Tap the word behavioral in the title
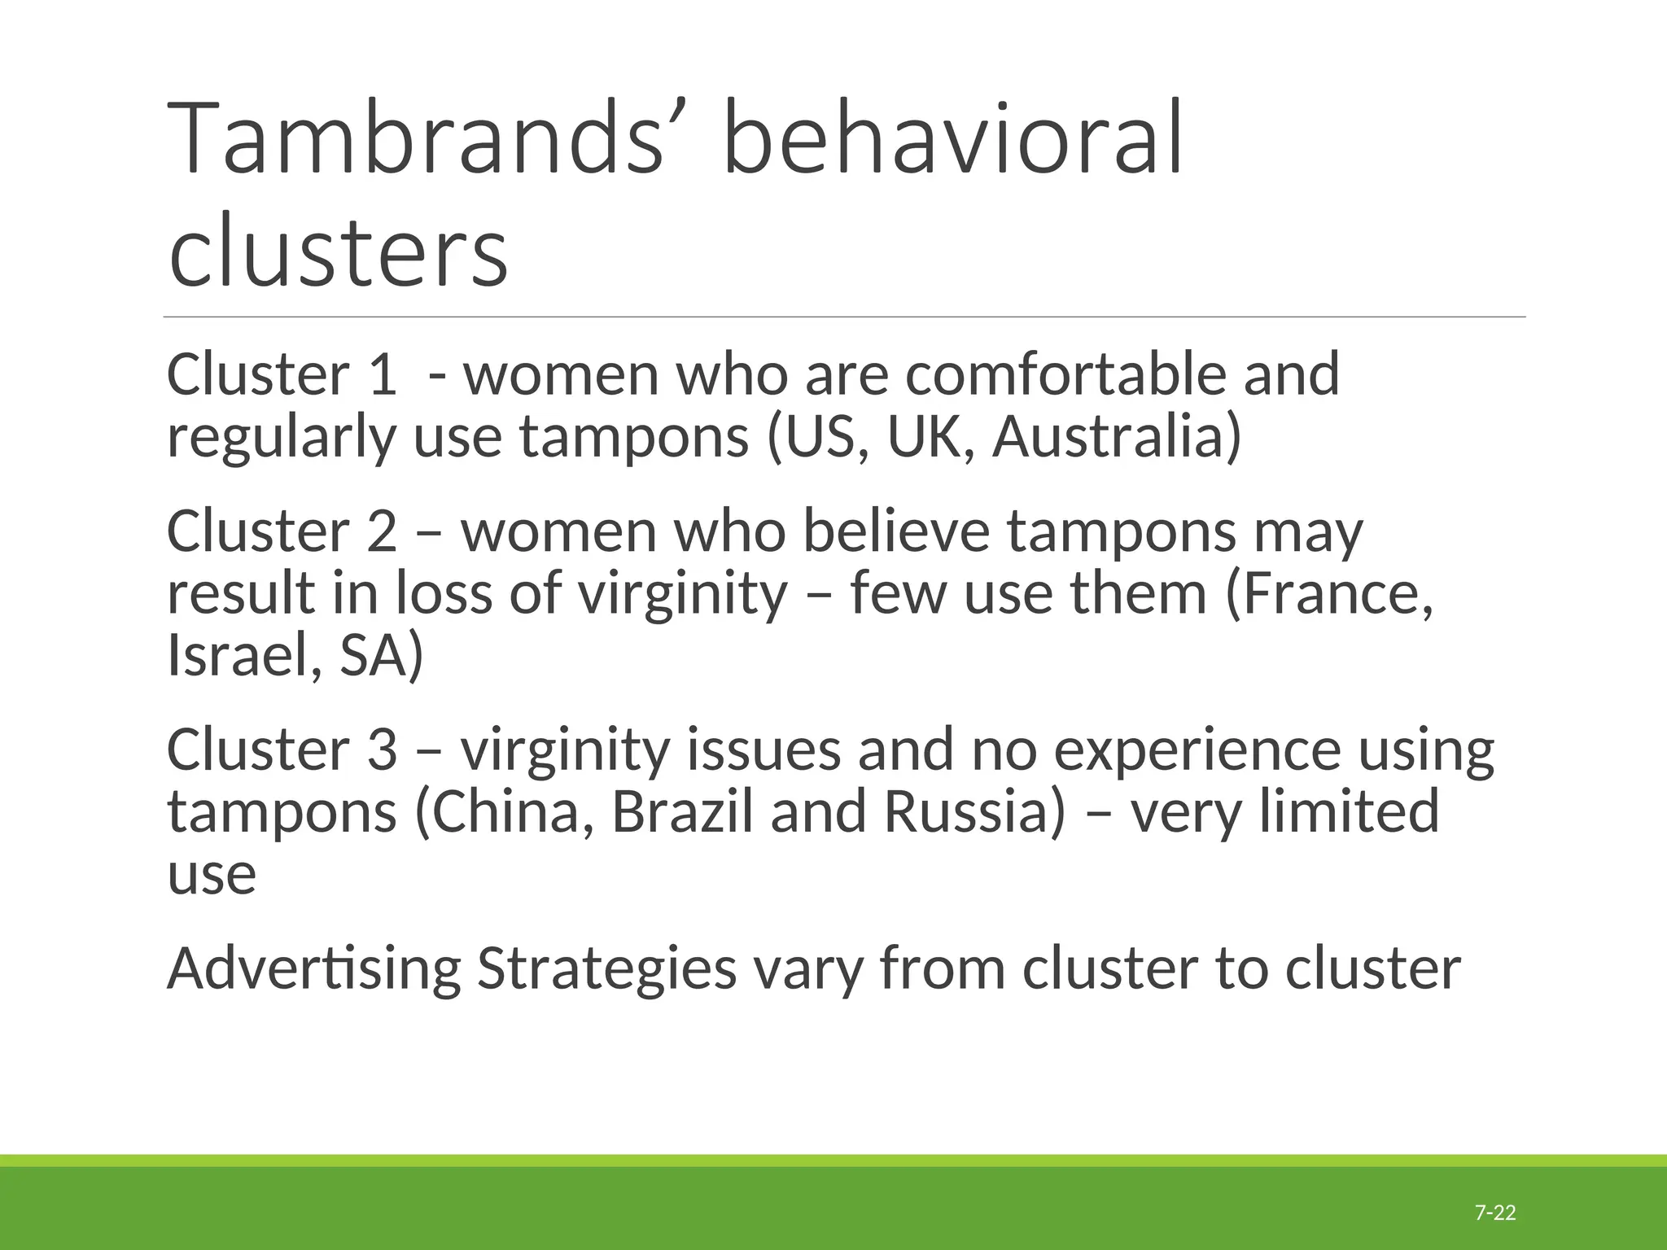click(952, 138)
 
